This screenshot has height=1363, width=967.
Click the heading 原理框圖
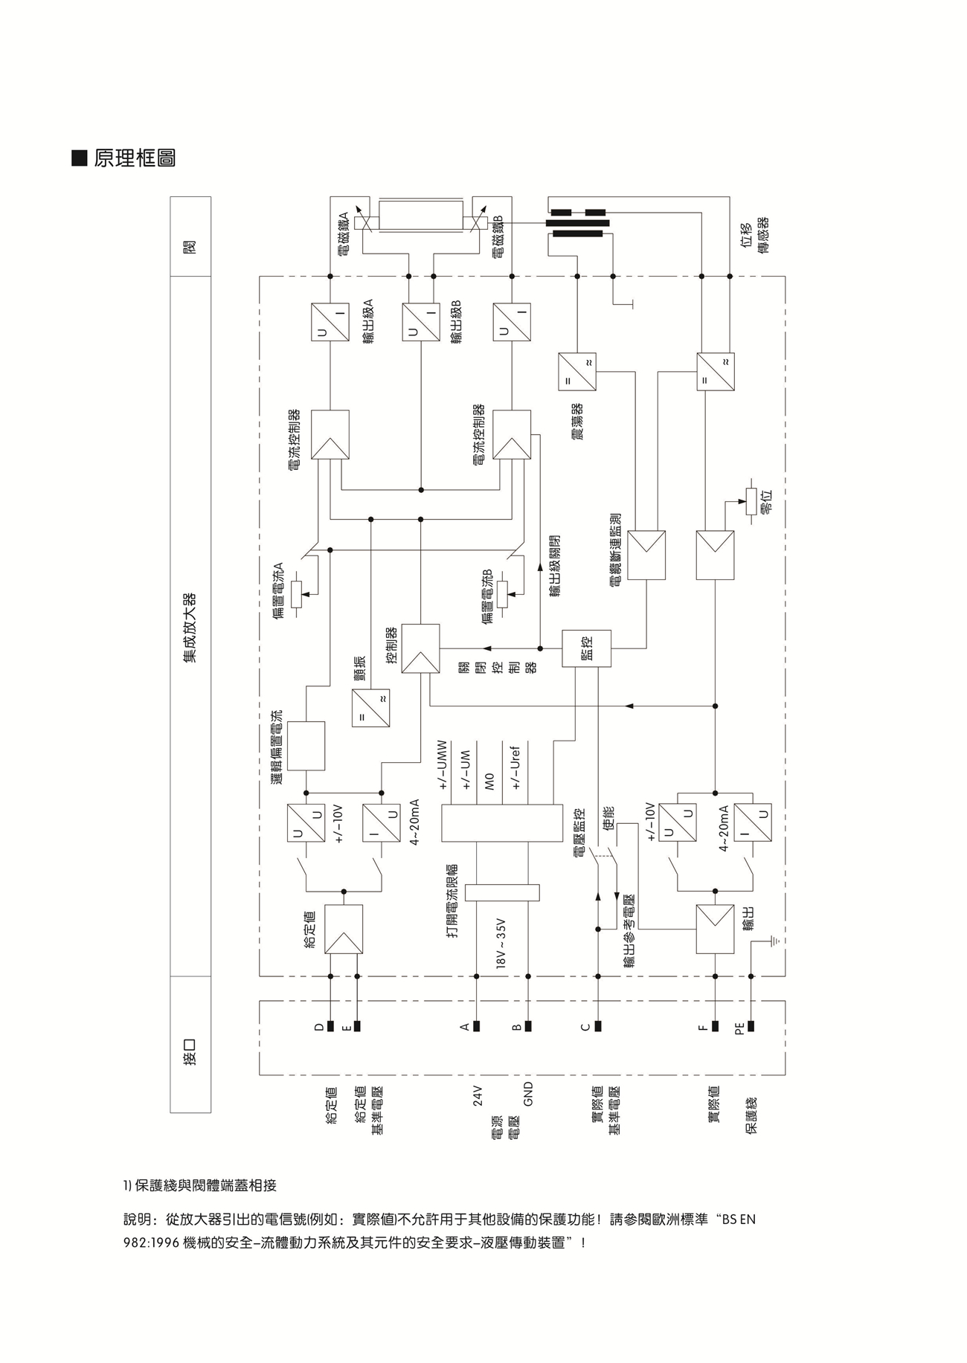tap(135, 158)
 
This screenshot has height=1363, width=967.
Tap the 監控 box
tap(586, 648)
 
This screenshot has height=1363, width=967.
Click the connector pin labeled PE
tap(751, 1027)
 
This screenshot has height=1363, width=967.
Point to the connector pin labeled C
tap(597, 1027)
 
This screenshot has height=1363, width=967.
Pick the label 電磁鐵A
tap(344, 235)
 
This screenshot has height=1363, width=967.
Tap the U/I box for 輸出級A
tap(330, 322)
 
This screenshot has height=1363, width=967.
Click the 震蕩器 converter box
tap(577, 372)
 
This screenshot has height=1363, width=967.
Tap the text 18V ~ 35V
tap(501, 944)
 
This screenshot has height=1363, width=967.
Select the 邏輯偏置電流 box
tap(306, 746)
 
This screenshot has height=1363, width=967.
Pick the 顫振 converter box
tap(370, 708)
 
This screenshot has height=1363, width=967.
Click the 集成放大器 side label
tap(190, 627)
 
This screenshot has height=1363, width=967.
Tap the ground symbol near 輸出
tap(774, 941)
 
